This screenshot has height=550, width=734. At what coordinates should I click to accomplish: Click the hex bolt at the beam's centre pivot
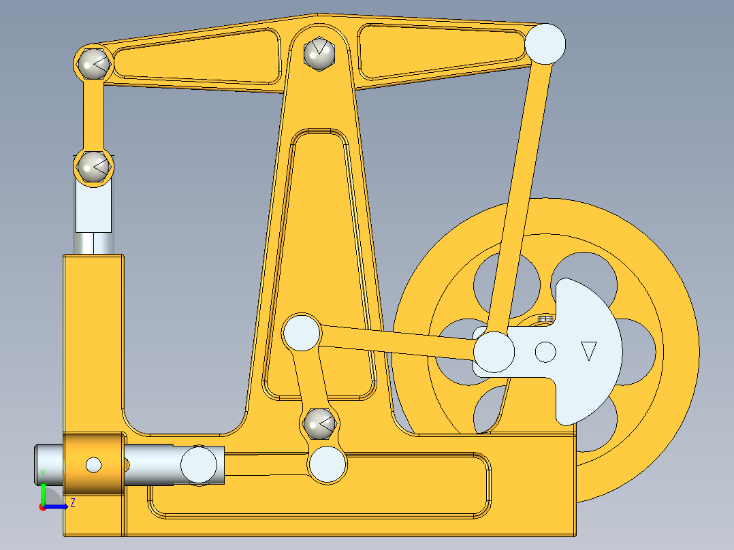319,52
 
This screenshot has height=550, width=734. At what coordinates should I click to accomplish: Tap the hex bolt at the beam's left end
93,63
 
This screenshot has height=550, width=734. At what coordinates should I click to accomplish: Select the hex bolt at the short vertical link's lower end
93,165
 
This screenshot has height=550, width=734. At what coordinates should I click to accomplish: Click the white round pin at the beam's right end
545,43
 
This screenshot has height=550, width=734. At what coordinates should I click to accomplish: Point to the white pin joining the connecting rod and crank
494,351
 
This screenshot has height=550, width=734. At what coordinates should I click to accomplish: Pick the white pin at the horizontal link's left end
302,333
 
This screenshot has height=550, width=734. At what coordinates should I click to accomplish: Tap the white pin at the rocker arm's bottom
327,465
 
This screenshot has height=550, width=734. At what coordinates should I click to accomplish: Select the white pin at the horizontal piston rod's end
199,464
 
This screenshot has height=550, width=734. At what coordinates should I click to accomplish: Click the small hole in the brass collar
93,465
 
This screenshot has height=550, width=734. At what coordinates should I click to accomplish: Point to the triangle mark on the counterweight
589,351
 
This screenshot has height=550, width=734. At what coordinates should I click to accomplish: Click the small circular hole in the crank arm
545,351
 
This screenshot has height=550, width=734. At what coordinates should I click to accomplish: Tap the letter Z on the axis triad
72,503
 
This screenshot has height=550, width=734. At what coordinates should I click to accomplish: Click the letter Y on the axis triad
42,472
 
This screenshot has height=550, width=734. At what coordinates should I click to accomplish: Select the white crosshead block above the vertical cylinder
93,208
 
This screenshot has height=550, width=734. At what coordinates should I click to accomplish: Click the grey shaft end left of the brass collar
49,464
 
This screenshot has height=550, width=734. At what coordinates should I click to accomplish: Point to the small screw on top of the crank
544,317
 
